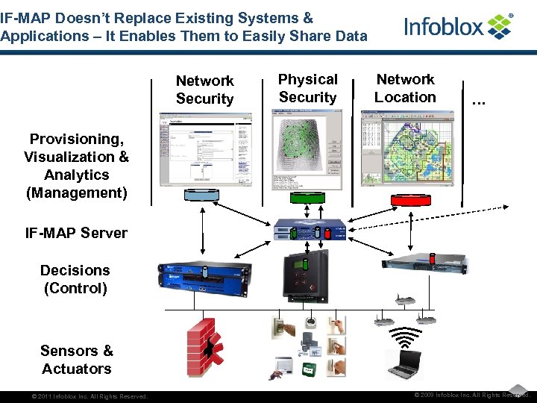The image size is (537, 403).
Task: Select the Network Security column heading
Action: point(204,90)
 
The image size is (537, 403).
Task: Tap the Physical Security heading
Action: point(307,88)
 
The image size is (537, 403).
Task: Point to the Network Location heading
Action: point(405,88)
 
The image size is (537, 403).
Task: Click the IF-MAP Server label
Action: point(76,233)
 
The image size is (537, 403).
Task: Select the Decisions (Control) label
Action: point(75,279)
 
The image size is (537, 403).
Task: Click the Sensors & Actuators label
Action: point(76,360)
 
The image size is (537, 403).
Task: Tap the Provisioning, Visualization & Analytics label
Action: point(76,166)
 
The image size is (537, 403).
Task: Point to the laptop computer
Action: point(403,364)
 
